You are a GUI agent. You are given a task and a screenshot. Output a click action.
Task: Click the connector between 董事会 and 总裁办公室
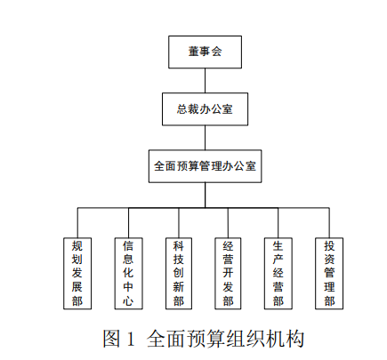(205, 81)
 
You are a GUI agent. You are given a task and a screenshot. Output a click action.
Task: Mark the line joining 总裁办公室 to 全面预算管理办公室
(205, 138)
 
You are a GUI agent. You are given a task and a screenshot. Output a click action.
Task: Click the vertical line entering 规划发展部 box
(77, 222)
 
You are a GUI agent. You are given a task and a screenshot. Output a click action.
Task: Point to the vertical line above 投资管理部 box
(329, 222)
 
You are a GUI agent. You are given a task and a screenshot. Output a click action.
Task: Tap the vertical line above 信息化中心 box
(129, 222)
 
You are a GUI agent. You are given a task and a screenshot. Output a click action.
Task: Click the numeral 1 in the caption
(131, 339)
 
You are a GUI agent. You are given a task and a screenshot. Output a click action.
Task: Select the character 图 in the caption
(111, 339)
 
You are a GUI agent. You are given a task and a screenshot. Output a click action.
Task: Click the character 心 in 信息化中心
(128, 300)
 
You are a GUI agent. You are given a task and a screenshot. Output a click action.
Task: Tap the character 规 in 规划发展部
(77, 246)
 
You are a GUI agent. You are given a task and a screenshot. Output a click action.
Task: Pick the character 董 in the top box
(194, 52)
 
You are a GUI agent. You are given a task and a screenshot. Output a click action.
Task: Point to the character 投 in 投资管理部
(329, 246)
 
